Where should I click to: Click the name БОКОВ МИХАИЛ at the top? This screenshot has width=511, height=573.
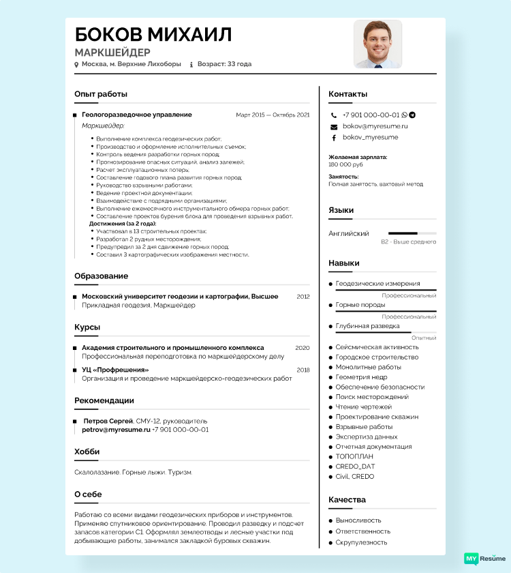tap(153, 35)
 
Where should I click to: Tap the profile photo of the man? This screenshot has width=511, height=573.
tap(377, 44)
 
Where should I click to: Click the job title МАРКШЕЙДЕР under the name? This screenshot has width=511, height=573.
tap(112, 53)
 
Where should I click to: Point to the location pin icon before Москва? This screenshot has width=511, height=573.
tap(76, 65)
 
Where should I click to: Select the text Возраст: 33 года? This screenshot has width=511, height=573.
tap(224, 64)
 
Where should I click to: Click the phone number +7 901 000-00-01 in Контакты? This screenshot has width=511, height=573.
tap(371, 115)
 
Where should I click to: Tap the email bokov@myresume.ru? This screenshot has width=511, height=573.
tap(375, 126)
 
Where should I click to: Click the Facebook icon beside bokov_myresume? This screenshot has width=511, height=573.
tap(334, 138)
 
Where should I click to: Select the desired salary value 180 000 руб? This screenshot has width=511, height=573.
tap(345, 164)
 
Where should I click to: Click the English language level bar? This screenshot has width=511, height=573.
tap(412, 233)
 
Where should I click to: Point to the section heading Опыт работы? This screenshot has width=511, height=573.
tap(101, 94)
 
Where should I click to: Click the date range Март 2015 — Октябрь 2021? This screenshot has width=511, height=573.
tap(273, 115)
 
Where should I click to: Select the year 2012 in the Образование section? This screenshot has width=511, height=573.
tap(303, 297)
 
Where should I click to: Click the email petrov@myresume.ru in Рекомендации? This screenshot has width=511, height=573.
tap(116, 430)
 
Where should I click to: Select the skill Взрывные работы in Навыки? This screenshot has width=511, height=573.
tap(364, 427)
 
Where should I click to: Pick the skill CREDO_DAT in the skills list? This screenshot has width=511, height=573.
tap(355, 467)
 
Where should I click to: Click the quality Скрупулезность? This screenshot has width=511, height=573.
tap(361, 542)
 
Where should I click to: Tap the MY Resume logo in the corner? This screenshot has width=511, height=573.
tap(484, 558)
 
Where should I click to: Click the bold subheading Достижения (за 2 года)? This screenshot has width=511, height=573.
tap(123, 224)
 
